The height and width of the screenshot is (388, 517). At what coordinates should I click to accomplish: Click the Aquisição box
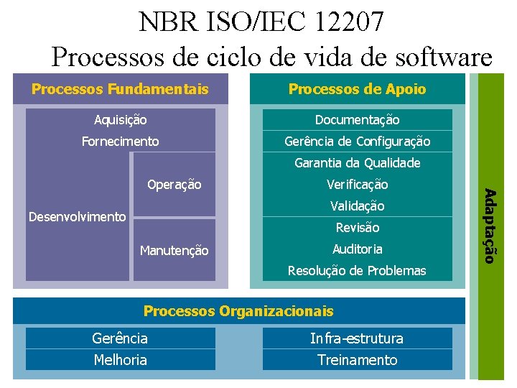tap(121, 120)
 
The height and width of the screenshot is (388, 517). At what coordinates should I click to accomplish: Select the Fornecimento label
tap(121, 142)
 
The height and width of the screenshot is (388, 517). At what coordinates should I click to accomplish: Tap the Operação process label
tap(174, 185)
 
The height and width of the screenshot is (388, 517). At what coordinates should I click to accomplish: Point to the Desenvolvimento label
tap(77, 217)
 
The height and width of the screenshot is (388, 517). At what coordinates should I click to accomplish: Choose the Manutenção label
tap(174, 250)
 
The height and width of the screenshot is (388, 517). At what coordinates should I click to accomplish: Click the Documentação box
tap(357, 120)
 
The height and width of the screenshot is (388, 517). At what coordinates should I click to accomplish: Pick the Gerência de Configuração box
tap(357, 142)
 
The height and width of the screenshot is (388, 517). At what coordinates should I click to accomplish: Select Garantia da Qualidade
tap(357, 163)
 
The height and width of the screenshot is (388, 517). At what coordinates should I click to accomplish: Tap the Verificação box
tap(357, 185)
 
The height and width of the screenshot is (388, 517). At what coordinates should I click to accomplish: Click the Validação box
tap(357, 206)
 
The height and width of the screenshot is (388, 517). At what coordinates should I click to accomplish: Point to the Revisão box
tap(357, 228)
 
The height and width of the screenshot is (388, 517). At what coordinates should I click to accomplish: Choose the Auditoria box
tap(357, 249)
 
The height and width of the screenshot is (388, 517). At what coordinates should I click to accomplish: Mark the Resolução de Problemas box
tap(357, 271)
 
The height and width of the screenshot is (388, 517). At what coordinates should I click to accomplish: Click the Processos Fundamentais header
tap(121, 89)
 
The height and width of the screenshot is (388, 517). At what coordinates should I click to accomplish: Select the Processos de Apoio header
tap(357, 89)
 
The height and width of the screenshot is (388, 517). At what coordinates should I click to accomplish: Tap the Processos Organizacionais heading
tap(238, 311)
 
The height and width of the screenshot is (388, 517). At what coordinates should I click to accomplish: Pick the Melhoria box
tap(121, 360)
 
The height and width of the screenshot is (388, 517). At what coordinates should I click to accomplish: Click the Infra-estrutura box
tap(357, 338)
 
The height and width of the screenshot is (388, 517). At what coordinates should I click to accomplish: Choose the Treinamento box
tap(357, 360)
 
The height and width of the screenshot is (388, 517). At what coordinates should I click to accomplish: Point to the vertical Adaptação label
tap(489, 225)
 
